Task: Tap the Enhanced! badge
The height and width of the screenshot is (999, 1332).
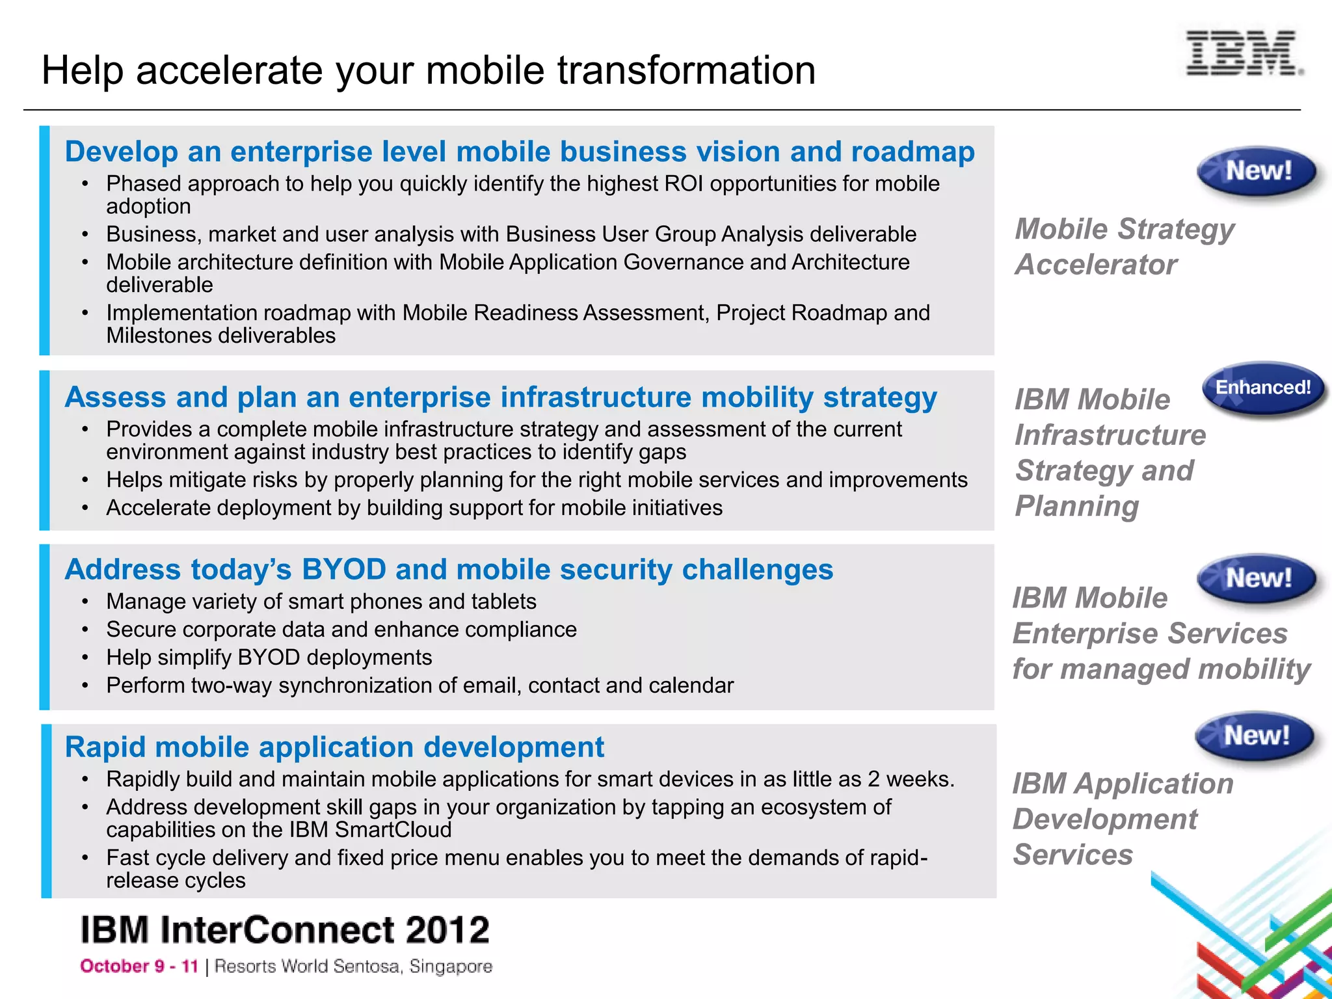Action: pos(1263,388)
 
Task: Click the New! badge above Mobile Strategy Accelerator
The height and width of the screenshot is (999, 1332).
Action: pos(1257,172)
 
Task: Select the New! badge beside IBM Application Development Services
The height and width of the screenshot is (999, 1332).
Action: pos(1255,736)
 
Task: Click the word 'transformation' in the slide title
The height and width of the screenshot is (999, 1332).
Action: pos(686,70)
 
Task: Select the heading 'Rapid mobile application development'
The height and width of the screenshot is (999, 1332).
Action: pos(334,747)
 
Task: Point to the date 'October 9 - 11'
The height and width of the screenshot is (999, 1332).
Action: pos(139,966)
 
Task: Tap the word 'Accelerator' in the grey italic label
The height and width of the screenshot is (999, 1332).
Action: pos(1096,265)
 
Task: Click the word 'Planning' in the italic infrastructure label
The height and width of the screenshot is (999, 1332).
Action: pos(1077,507)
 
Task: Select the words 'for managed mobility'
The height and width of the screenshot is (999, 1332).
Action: pos(1161,669)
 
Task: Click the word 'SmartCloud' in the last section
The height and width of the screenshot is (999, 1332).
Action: pos(393,830)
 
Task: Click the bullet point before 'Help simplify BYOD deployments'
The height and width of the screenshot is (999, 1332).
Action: pos(85,658)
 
